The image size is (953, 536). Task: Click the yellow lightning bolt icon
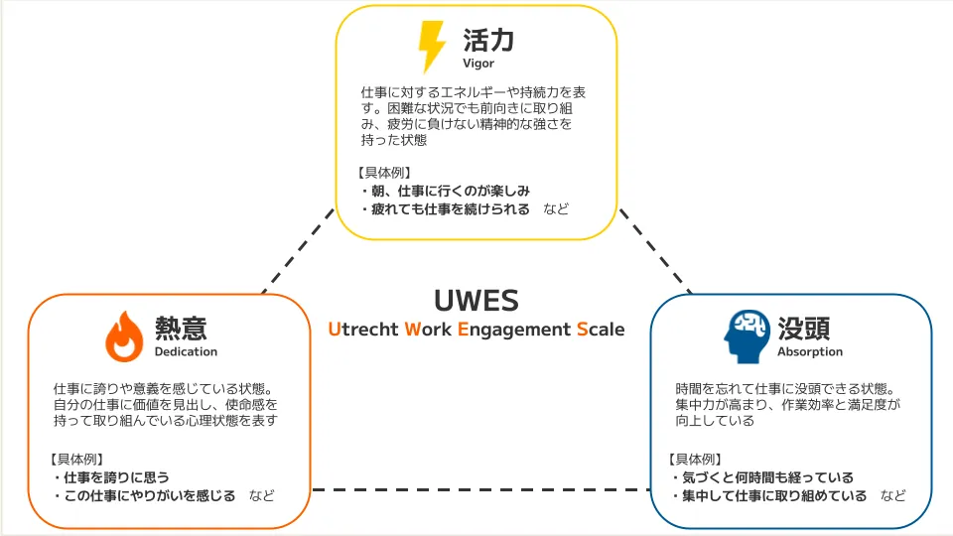click(432, 47)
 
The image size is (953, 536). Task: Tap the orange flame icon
click(124, 335)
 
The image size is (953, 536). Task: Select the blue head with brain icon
click(746, 335)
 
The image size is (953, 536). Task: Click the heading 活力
click(488, 41)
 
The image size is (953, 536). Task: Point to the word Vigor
click(477, 65)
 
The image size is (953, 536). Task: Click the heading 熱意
click(181, 328)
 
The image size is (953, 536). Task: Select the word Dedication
click(186, 351)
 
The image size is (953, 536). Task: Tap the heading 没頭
click(804, 329)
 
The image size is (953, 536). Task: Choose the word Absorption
click(810, 351)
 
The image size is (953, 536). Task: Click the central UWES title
click(476, 300)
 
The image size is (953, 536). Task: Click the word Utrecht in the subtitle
click(363, 330)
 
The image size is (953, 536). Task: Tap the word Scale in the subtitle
click(601, 330)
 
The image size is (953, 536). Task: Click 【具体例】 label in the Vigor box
click(382, 172)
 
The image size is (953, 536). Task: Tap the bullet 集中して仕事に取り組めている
click(773, 495)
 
